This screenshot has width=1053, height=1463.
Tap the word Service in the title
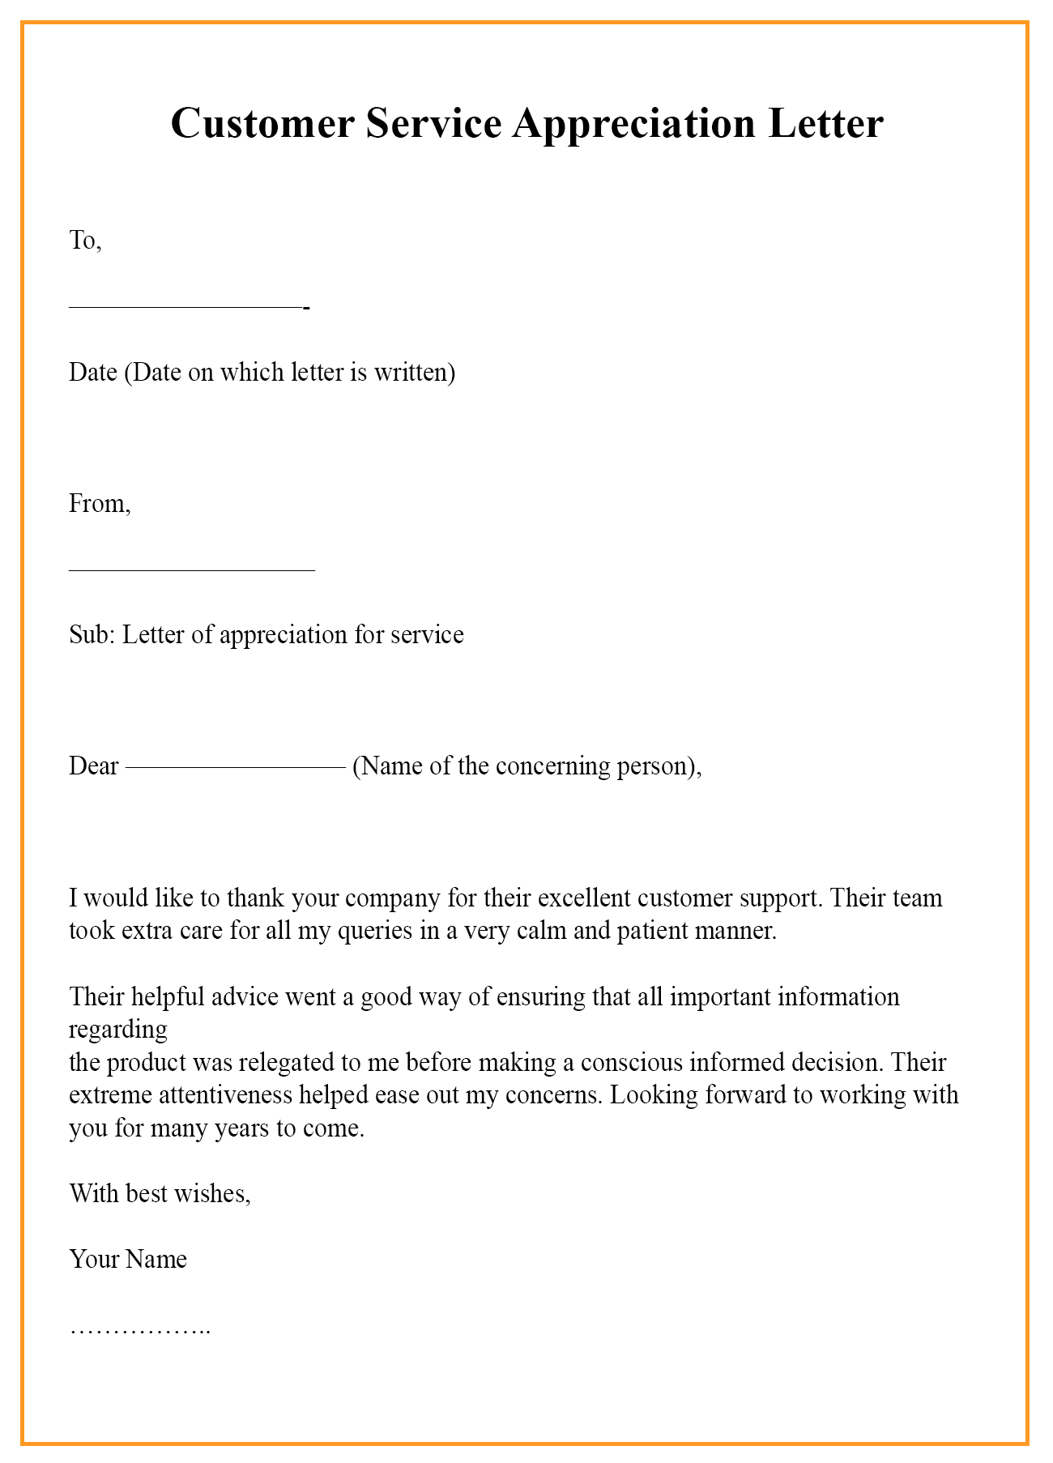433,124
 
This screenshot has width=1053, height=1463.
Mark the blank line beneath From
192,570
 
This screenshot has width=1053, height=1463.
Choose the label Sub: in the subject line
92,634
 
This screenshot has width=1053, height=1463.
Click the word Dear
94,766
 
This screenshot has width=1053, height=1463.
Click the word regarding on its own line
118,1030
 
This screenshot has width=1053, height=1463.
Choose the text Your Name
128,1259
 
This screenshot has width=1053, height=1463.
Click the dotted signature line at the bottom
140,1329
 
